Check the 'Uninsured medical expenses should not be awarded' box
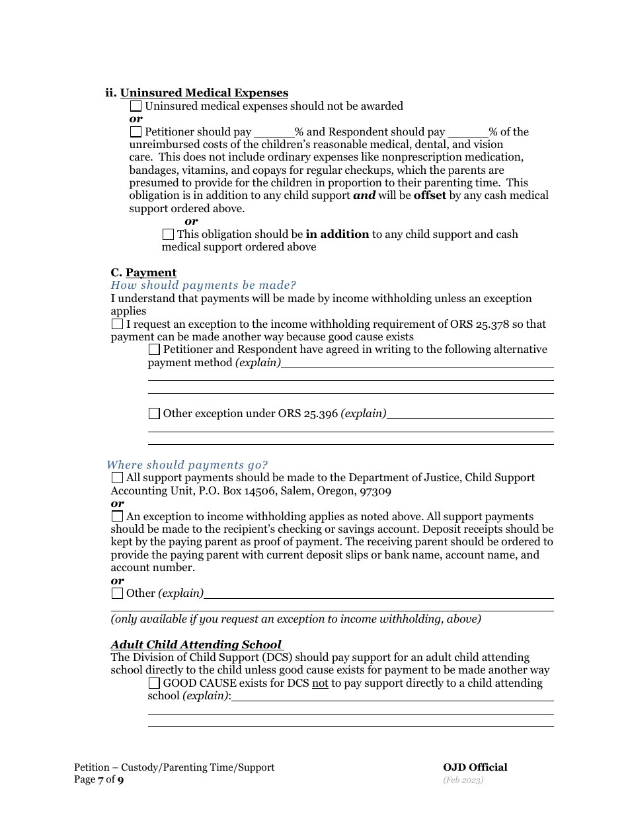136,106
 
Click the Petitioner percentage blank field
274,132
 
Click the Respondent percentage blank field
468,132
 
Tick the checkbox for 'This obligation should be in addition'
168,234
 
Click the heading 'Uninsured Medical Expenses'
204,93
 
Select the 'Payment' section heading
151,272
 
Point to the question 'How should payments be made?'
203,285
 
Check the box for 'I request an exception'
117,324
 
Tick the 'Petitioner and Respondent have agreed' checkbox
154,349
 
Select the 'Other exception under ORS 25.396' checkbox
154,413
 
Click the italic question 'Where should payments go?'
187,465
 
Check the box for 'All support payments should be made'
117,477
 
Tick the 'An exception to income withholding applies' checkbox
117,516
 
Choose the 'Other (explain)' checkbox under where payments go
117,593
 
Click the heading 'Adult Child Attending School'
196,644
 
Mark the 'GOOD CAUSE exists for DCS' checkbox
154,683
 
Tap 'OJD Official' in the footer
475,767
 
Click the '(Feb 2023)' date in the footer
463,780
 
